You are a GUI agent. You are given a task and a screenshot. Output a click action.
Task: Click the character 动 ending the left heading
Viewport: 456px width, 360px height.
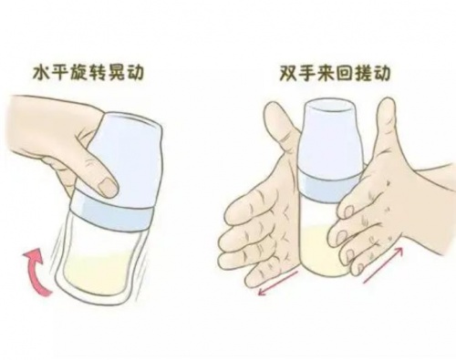[135, 73]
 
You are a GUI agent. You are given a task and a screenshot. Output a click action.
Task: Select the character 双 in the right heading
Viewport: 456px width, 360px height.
[288, 73]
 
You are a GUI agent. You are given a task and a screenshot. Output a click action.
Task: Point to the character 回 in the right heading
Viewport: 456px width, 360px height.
[344, 73]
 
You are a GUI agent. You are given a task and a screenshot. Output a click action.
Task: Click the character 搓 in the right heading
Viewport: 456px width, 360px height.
[362, 73]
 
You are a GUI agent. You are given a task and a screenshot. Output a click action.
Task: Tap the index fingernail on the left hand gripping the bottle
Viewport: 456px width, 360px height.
[108, 186]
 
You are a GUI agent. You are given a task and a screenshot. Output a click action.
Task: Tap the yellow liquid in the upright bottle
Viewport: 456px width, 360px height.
[321, 255]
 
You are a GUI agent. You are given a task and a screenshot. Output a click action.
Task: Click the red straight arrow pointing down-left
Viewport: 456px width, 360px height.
[277, 283]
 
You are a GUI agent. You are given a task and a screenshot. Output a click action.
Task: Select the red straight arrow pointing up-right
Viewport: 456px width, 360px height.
[384, 265]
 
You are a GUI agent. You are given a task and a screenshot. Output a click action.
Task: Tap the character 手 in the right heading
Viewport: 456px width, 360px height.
[307, 73]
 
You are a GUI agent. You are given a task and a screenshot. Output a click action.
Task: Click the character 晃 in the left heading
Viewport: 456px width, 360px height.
[116, 73]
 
